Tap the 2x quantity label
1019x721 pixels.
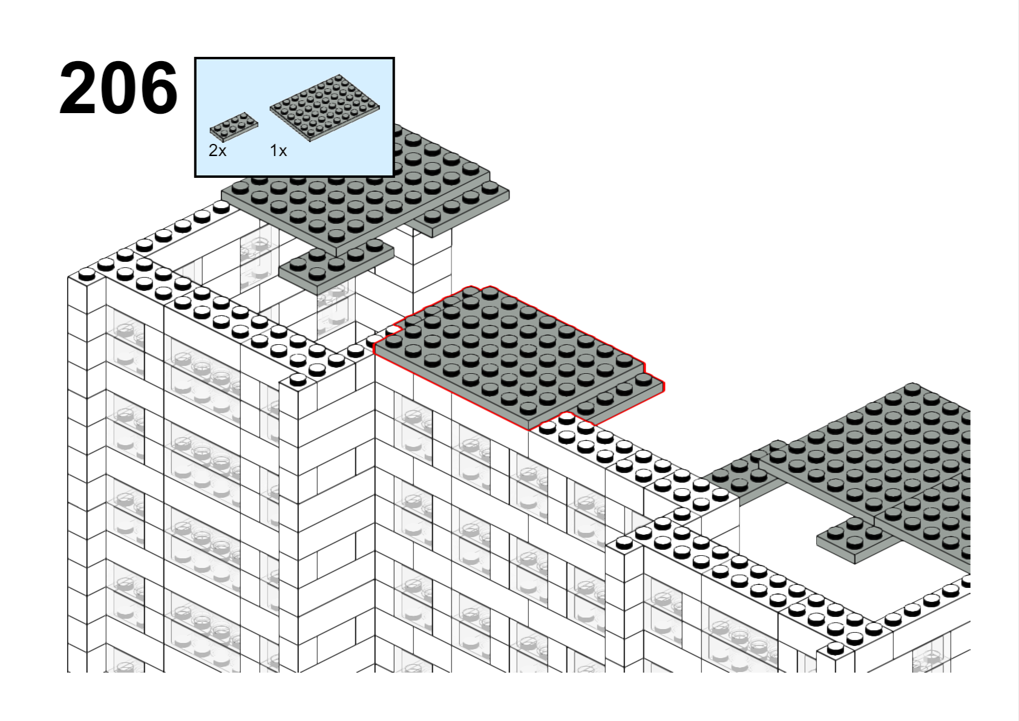217,151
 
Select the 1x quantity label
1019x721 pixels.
278,151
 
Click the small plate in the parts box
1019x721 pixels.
234,127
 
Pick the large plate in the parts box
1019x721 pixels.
325,108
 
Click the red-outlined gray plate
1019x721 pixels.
519,357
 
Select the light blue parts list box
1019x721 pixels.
294,117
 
